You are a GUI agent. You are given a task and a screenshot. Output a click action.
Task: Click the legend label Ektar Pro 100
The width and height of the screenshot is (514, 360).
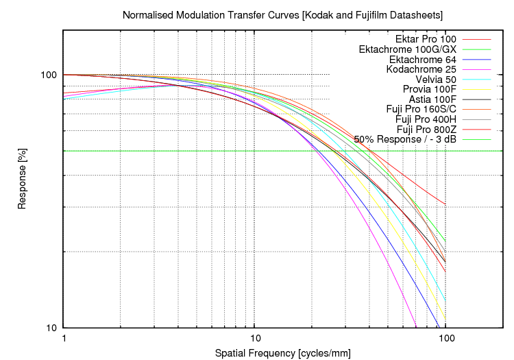click(426, 40)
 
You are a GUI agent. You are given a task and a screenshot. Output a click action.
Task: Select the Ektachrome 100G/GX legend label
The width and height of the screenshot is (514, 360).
click(407, 49)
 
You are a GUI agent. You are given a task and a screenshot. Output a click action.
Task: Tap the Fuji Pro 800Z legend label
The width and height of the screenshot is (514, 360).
click(421, 129)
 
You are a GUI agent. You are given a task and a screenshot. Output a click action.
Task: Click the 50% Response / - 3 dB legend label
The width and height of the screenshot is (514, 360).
click(405, 139)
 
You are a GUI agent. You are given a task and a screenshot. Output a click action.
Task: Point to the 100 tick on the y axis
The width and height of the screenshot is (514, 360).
click(49, 75)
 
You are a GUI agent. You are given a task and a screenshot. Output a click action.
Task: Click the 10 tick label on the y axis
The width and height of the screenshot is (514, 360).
click(52, 328)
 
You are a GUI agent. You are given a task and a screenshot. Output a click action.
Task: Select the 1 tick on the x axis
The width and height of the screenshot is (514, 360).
click(64, 339)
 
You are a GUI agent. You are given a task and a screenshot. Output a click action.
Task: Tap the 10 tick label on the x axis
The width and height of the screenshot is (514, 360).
click(254, 339)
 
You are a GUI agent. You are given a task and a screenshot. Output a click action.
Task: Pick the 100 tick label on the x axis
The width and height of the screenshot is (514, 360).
click(445, 339)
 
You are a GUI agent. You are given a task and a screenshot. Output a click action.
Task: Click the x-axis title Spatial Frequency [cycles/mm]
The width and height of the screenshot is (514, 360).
click(282, 353)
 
